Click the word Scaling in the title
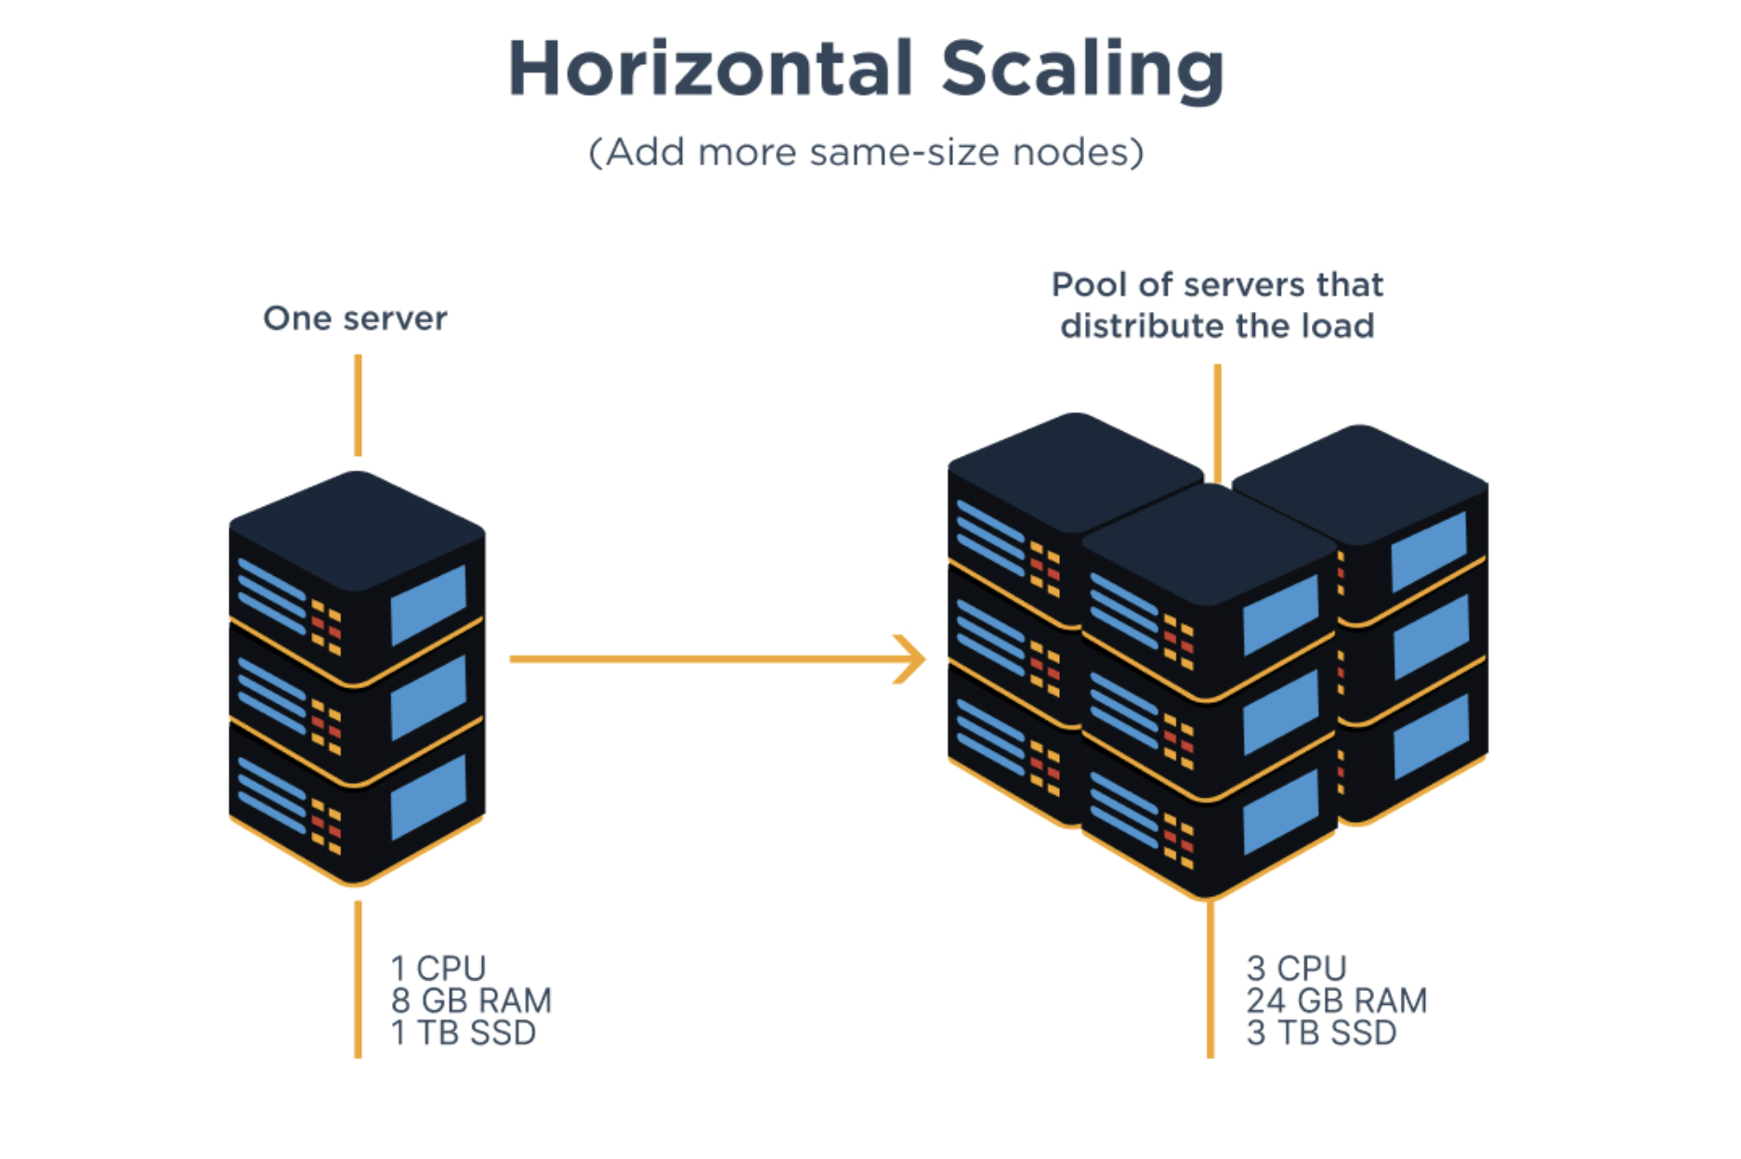coord(1082,70)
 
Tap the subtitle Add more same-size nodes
coord(866,152)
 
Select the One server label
coord(355,319)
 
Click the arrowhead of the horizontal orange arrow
coord(911,658)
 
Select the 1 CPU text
coord(439,969)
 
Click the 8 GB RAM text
coord(471,1001)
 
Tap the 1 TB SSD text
coord(463,1033)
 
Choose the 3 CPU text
coord(1296,969)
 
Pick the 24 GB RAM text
coord(1336,1001)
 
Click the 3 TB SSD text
coord(1321,1033)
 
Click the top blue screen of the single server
coord(428,605)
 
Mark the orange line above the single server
coord(358,405)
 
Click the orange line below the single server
coord(358,980)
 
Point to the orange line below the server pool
coord(1210,980)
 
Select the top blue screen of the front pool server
coord(1280,613)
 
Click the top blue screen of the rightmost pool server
coord(1428,551)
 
